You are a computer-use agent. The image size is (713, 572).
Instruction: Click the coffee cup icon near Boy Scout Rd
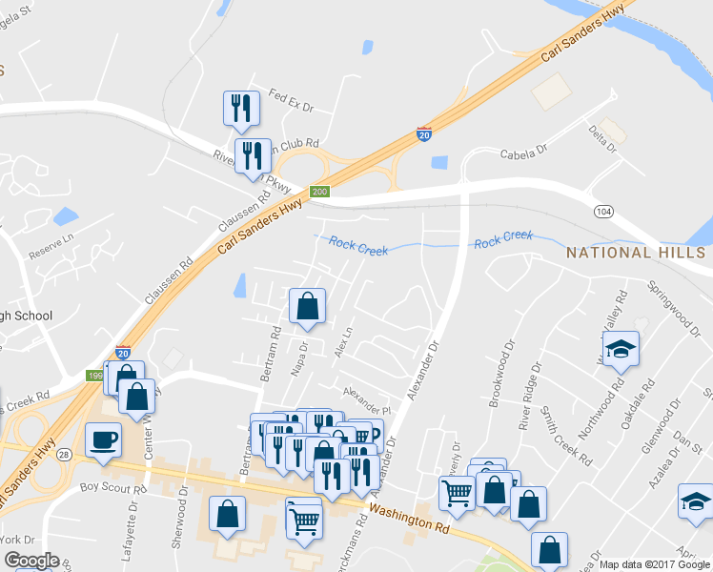coord(103,440)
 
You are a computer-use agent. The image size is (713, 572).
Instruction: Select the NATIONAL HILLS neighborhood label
coord(635,253)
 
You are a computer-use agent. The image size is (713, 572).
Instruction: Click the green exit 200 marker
coord(320,192)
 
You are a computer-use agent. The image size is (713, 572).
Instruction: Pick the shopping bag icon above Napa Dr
coord(307,307)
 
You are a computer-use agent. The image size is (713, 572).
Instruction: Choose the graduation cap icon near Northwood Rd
coord(621,350)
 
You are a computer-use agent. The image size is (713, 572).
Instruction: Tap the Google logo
coord(31,561)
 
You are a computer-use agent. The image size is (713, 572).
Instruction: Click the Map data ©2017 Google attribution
coord(654,564)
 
